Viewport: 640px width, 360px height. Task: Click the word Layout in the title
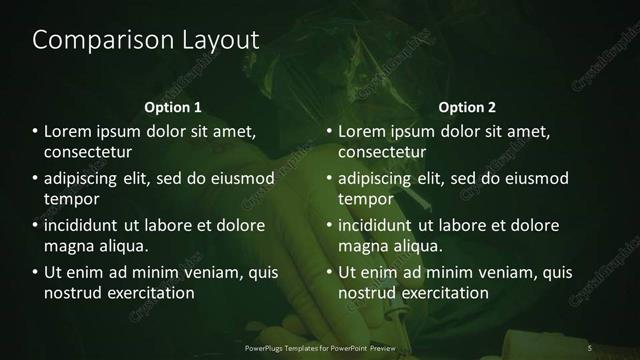click(214, 41)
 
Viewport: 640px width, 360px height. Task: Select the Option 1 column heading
click(173, 106)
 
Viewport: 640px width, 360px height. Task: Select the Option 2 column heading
click(467, 106)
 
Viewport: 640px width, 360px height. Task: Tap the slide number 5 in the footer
click(590, 347)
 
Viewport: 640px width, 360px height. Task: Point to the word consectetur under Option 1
click(89, 153)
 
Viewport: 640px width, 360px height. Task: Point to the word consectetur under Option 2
click(383, 153)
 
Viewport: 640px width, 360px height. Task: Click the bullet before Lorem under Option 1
click(36, 131)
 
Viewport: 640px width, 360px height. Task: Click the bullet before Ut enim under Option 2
click(330, 272)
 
